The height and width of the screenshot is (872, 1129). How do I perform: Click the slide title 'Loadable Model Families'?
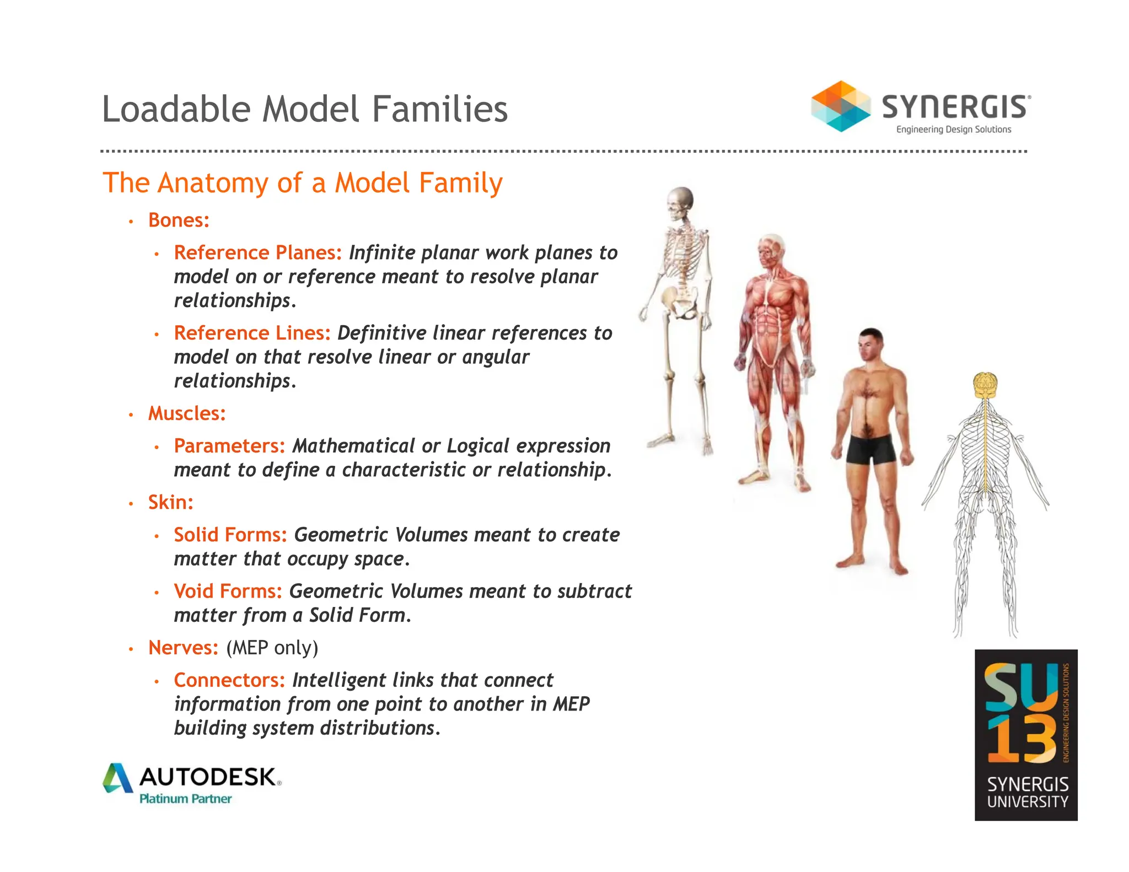coord(304,109)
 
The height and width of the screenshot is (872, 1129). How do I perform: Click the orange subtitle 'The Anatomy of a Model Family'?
coord(302,182)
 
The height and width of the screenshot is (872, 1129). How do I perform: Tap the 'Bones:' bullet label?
coord(179,220)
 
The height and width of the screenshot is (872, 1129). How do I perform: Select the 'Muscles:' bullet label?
coord(187,413)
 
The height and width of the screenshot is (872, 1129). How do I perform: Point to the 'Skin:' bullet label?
coord(170,502)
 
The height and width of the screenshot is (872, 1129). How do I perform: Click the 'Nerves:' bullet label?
coord(183,647)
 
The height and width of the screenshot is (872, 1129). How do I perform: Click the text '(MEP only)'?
coord(272,647)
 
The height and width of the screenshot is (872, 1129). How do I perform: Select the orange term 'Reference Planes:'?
coord(257,252)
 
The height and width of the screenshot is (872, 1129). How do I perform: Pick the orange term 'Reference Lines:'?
coord(252,333)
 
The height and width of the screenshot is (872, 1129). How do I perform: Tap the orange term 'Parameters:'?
coord(229,445)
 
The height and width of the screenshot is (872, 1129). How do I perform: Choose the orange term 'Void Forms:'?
coord(228,591)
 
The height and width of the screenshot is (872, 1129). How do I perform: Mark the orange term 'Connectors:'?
coord(229,680)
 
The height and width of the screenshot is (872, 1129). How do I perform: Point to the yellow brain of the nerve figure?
coord(986,384)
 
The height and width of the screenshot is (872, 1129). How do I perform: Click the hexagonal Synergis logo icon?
coord(840,106)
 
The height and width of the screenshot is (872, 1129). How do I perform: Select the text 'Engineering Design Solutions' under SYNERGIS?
coord(953,130)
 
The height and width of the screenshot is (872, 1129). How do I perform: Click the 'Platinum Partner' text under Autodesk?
coord(185,799)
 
